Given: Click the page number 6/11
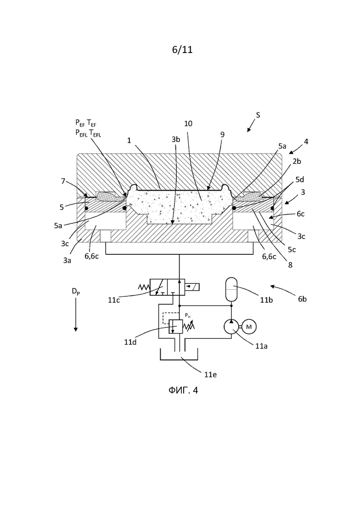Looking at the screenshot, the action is (182, 50).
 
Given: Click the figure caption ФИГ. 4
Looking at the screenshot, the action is (183, 390).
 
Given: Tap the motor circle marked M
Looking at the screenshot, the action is (249, 327).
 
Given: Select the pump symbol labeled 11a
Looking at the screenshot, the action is (231, 327).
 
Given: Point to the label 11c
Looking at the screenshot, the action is (114, 300).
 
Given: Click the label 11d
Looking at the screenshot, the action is (131, 342).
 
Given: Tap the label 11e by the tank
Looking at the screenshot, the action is (210, 375).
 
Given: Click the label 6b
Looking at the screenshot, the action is (302, 299).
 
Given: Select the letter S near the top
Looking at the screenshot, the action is (258, 115).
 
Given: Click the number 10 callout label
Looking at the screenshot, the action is (188, 124).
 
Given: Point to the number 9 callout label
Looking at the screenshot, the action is (222, 134).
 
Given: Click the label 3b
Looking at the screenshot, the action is (176, 139).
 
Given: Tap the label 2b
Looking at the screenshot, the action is (297, 161).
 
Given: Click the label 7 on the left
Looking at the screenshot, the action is (63, 181).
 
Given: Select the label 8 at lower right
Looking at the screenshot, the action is (290, 265).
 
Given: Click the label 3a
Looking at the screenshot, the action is (67, 260).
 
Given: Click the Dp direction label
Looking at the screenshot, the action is (76, 292).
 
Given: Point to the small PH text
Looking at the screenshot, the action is (188, 315).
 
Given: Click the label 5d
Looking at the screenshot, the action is (300, 180).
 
